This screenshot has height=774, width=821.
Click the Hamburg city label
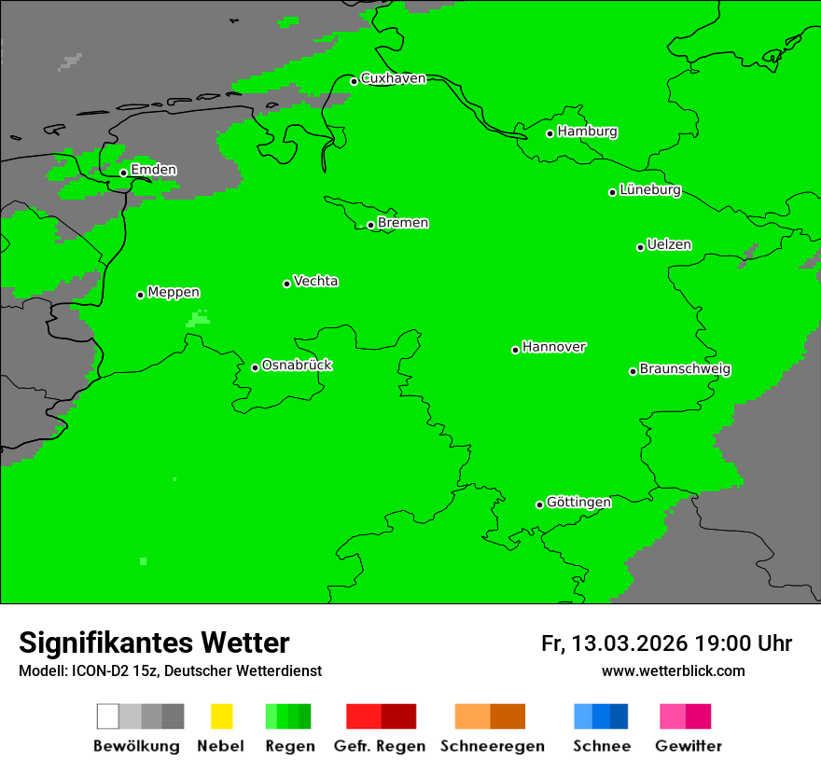[587, 131]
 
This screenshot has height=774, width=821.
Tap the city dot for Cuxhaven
[355, 81]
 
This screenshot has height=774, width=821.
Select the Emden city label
[153, 170]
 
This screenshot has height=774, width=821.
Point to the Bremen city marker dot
[370, 225]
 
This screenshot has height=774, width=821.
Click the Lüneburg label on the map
[649, 190]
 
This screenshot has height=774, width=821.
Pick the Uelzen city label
[669, 245]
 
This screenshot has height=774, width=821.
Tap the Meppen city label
[174, 293]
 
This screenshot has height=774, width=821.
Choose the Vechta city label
[315, 281]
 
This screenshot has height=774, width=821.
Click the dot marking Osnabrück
[255, 367]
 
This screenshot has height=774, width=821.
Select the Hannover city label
[553, 347]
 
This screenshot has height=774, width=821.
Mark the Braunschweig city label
[685, 369]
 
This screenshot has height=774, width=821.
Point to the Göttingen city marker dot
[539, 504]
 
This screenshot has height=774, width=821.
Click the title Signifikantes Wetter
[154, 643]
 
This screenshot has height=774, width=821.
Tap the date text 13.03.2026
[630, 643]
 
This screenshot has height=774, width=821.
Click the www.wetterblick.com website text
[673, 671]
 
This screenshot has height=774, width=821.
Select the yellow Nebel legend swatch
[221, 716]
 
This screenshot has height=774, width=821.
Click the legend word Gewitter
[688, 746]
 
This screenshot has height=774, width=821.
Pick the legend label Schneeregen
[492, 746]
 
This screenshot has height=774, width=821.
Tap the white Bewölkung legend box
[108, 716]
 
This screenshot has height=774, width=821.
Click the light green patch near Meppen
[198, 319]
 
